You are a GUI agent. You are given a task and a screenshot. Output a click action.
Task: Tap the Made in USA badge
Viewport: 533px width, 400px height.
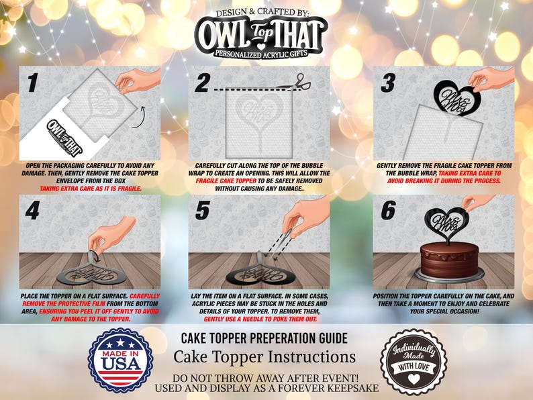click(x=121, y=359)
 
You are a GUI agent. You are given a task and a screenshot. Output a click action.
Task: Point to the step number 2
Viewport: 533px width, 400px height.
click(x=202, y=83)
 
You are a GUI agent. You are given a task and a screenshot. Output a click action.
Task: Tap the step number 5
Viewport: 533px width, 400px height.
click(x=202, y=211)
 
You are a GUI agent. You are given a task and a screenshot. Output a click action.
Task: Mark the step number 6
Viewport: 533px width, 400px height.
click(x=387, y=211)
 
